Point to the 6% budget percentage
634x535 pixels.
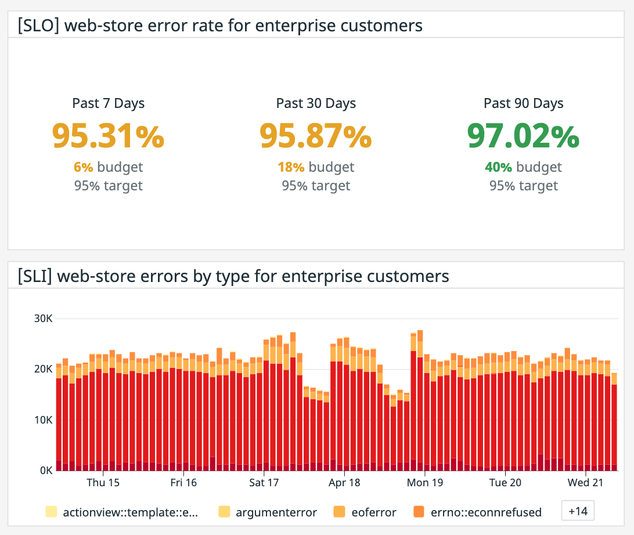click(x=83, y=167)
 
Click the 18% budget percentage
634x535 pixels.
click(x=291, y=167)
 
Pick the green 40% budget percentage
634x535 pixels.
click(x=498, y=167)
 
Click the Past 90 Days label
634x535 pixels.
click(x=523, y=103)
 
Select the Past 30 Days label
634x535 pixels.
click(x=316, y=103)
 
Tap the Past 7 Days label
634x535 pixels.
click(x=109, y=103)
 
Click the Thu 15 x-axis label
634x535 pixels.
click(x=103, y=483)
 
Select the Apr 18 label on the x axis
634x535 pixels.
click(x=344, y=483)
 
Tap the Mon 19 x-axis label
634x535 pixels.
click(x=425, y=483)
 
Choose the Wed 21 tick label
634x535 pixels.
click(x=586, y=483)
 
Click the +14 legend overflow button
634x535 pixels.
click(x=578, y=511)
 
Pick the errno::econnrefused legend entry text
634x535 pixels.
click(x=486, y=512)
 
